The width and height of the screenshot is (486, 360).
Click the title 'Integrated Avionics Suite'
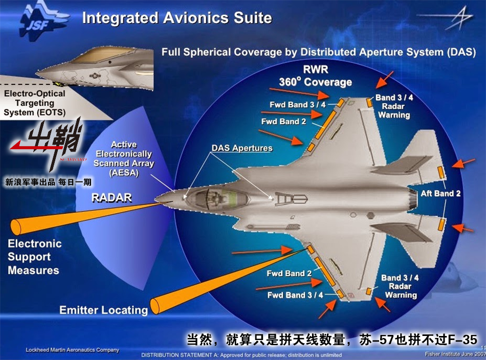coord(177,18)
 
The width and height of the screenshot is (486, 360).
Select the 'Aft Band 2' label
coord(440,194)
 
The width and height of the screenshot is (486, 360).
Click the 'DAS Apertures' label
coord(242,148)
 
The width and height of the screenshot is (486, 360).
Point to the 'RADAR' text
coord(112,197)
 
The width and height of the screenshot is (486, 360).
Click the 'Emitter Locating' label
coord(103,310)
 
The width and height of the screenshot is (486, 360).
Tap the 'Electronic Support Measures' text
coord(34,257)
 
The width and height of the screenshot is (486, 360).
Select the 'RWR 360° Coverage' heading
coord(315,76)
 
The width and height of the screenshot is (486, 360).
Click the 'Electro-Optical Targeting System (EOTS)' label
coord(34,103)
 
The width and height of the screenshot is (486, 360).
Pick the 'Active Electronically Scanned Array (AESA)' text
coord(124,159)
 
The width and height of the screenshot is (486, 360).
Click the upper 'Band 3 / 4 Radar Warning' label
coord(394,106)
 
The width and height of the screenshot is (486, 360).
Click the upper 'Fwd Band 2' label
coord(283,122)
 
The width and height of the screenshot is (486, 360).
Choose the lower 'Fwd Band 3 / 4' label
coord(295,295)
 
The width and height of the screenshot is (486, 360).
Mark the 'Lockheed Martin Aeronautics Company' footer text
coord(72,350)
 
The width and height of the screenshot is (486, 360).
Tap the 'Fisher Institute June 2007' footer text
coord(454,354)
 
